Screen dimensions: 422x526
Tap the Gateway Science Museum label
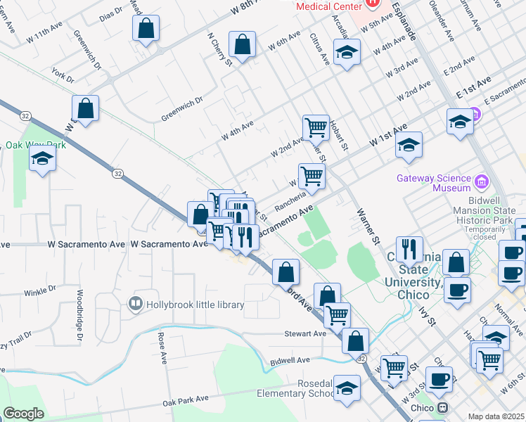[433, 183]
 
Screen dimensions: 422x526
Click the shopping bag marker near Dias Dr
[146, 30]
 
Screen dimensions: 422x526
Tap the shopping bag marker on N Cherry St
[242, 46]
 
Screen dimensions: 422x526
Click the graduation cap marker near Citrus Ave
[347, 53]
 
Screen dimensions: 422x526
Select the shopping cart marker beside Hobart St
[316, 128]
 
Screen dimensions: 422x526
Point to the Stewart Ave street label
[305, 334]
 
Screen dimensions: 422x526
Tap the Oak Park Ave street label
[186, 399]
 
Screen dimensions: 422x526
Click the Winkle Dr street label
[40, 292]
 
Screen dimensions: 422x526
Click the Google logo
[24, 414]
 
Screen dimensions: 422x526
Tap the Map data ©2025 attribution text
[495, 416]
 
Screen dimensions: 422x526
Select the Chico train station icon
[443, 408]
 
